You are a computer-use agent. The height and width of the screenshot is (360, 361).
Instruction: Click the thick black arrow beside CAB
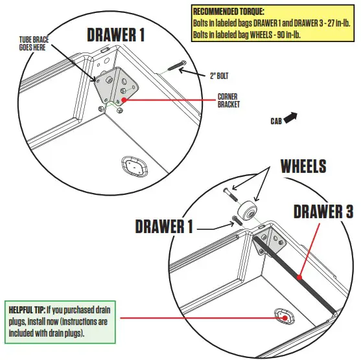291,118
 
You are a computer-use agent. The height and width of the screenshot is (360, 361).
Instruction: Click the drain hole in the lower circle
283,317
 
